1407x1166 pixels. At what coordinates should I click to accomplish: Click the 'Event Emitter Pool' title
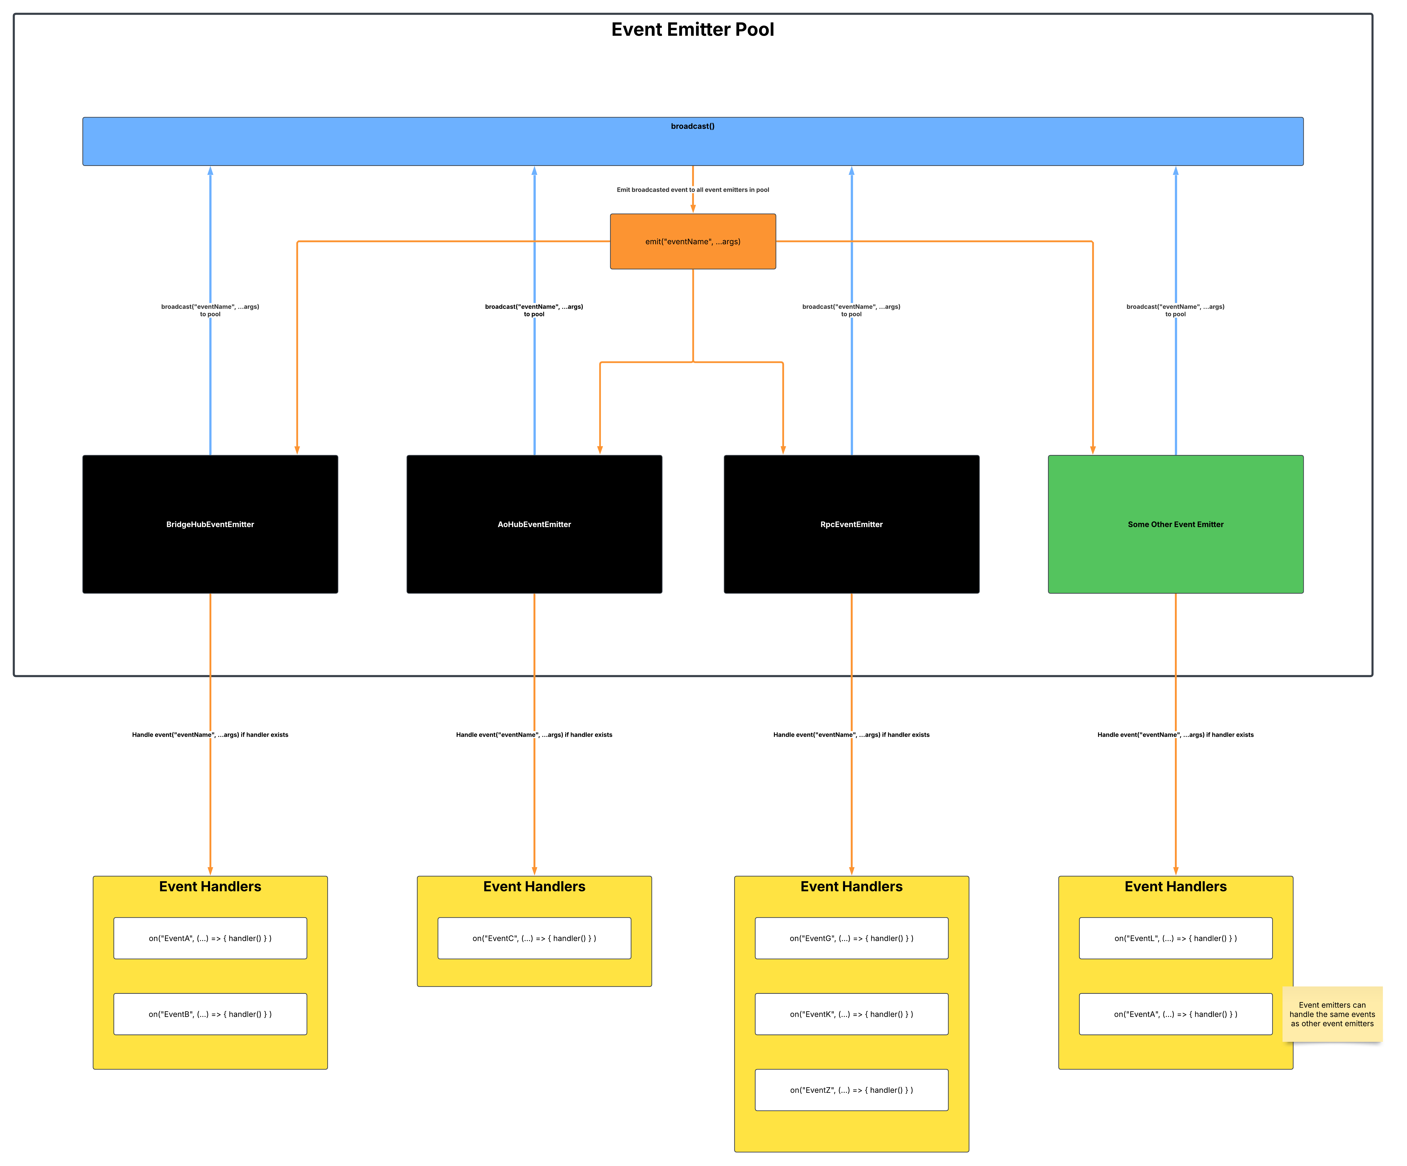(693, 29)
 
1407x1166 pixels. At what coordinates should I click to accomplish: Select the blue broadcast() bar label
(693, 126)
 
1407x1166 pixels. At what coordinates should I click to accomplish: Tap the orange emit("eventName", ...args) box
(693, 241)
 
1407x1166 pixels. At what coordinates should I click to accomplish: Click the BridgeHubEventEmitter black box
(210, 524)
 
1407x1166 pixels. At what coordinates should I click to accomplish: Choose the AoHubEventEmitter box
(534, 524)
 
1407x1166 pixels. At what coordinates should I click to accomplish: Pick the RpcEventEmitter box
(852, 524)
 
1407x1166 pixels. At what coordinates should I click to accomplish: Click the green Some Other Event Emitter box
(1176, 524)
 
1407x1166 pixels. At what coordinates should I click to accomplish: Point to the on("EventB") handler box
(210, 1014)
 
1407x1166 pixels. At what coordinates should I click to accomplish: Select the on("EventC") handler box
(534, 938)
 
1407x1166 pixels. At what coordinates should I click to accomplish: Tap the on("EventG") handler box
(852, 938)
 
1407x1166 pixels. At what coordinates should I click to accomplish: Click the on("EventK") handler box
(852, 1014)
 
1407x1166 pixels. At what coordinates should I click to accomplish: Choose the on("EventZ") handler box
(852, 1090)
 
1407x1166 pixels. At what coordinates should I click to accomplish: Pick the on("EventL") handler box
(1176, 938)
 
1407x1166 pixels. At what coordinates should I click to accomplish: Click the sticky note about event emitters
(1332, 1014)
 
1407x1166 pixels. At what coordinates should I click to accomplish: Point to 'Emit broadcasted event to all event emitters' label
(693, 190)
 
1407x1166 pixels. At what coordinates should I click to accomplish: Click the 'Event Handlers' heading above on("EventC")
(534, 887)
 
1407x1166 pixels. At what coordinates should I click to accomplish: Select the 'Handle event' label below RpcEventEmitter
(852, 734)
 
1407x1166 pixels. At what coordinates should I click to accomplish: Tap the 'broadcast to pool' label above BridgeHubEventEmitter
(210, 310)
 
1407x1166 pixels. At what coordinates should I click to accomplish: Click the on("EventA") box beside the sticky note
(1176, 1014)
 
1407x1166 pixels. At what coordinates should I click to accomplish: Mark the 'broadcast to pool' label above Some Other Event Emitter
(1176, 310)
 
